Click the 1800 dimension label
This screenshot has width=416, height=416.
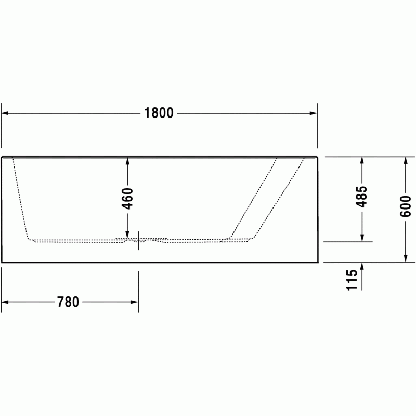pyautogui.click(x=159, y=113)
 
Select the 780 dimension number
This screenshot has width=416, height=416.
pyautogui.click(x=68, y=302)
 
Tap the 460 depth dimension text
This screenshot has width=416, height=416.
pyautogui.click(x=127, y=199)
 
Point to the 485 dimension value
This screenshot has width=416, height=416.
pyautogui.click(x=361, y=197)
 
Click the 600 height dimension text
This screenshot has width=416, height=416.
pyautogui.click(x=406, y=206)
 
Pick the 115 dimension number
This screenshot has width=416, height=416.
pyautogui.click(x=352, y=280)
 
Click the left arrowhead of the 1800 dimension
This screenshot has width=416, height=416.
pyautogui.click(x=5, y=113)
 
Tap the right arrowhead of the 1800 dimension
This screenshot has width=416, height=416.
pyautogui.click(x=314, y=113)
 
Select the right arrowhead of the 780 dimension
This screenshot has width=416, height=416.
pyautogui.click(x=135, y=302)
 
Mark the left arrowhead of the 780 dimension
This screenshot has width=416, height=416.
pyautogui.click(x=5, y=302)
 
